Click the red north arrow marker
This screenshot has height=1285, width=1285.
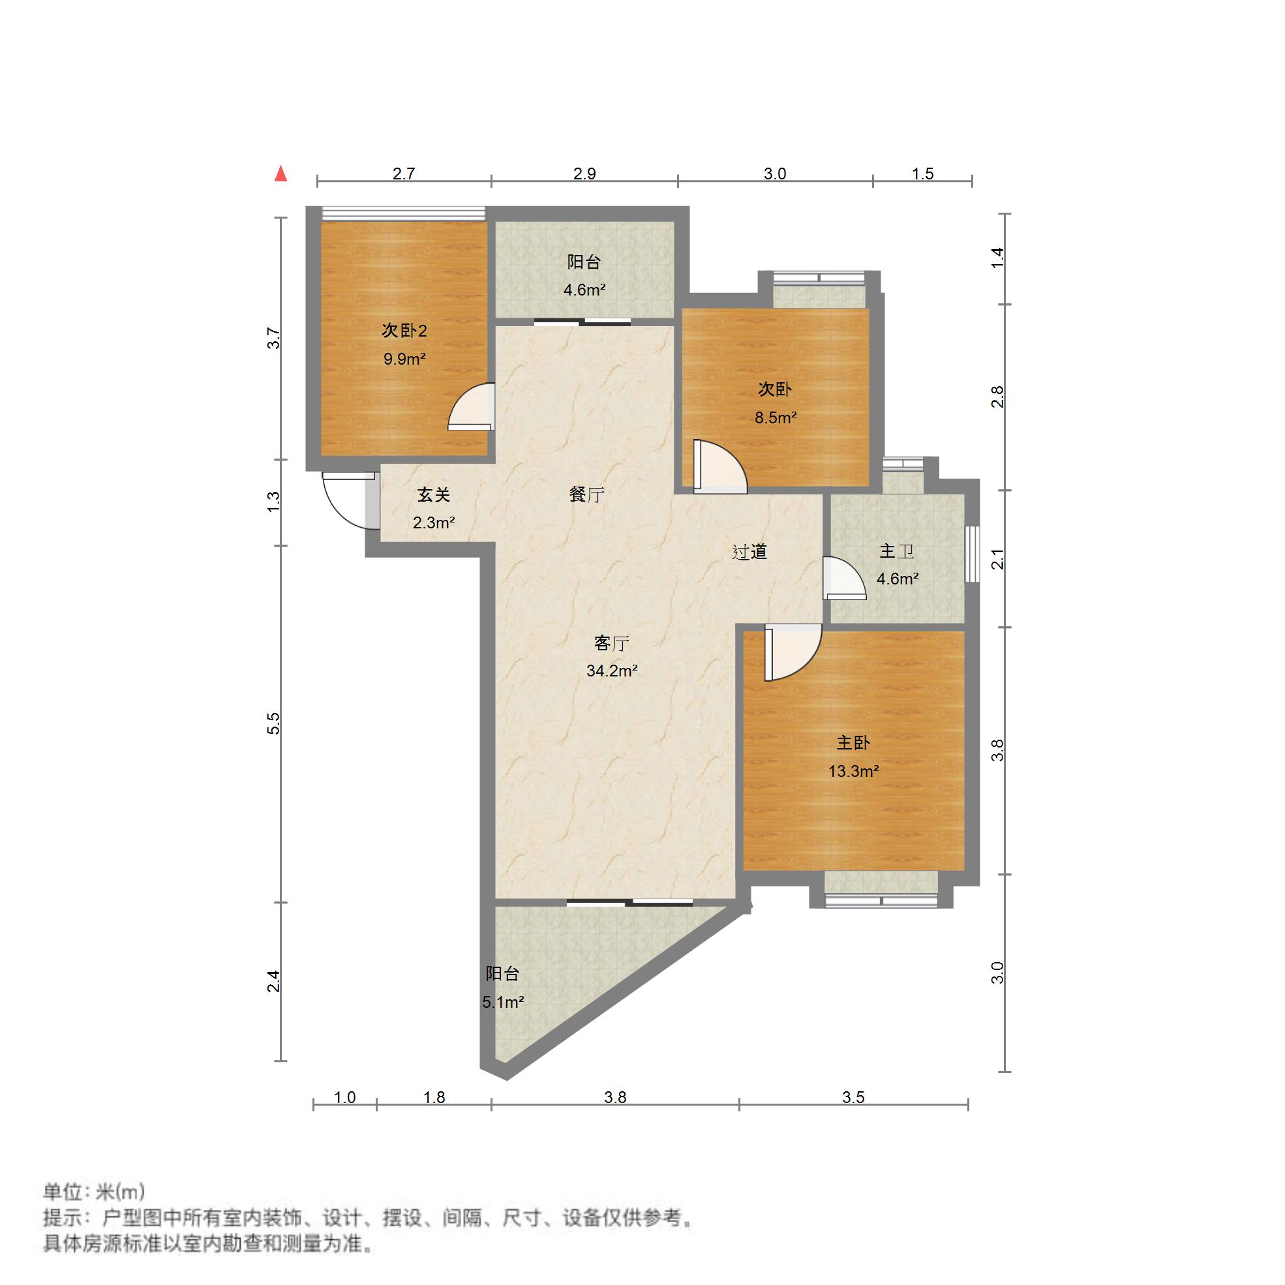coord(281,174)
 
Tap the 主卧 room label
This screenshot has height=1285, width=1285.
coord(853,743)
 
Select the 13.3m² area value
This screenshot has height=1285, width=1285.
coord(853,772)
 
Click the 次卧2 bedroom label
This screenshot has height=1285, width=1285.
coord(404,331)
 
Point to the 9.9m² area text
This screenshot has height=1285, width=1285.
coord(404,359)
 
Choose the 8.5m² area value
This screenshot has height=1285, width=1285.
coord(776,417)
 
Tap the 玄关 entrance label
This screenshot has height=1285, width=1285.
coord(434,495)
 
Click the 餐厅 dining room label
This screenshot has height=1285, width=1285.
coord(586,495)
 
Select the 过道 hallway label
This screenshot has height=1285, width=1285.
coord(749,552)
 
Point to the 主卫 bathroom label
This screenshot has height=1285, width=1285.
coord(898,551)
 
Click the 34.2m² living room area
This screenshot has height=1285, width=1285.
coord(612,671)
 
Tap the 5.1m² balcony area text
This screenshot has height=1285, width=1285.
coord(504,1003)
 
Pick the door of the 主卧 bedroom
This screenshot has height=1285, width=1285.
coord(793,653)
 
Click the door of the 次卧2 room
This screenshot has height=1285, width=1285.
coord(471,407)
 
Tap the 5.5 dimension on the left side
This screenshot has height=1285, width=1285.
coord(273,723)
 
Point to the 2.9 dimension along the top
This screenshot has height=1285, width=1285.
coord(584,174)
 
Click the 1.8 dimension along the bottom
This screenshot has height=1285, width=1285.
coord(434,1097)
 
